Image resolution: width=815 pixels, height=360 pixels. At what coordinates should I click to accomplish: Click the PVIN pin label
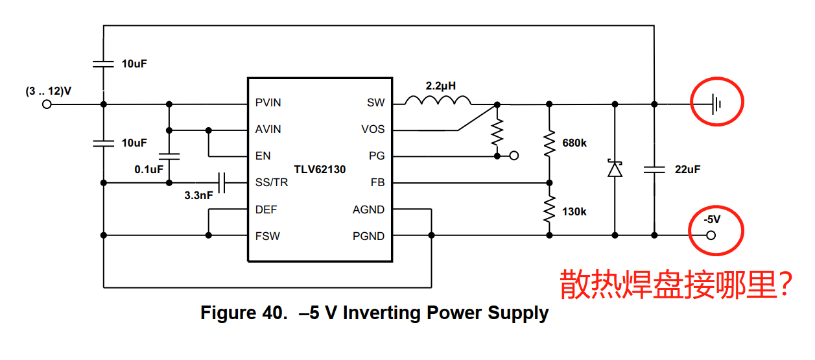point(268,102)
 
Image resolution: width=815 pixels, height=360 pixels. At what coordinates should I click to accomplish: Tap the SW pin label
point(375,102)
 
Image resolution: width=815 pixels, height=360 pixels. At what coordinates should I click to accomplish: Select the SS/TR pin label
point(271,183)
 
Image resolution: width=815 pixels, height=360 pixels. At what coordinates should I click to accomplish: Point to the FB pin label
point(377,183)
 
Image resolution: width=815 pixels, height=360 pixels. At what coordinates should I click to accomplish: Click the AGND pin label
point(368,210)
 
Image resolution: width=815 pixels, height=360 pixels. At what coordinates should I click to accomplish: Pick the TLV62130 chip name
point(320,169)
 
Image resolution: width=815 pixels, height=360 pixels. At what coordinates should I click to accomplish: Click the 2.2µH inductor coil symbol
point(438,101)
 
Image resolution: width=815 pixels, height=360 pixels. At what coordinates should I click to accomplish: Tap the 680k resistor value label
point(574,143)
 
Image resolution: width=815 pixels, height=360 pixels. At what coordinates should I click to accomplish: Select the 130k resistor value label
point(574,211)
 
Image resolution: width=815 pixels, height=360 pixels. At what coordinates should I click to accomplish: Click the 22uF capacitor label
point(687,169)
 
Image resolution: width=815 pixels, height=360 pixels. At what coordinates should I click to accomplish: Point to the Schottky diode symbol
point(615,169)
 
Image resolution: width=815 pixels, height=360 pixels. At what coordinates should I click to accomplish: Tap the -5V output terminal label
point(712,221)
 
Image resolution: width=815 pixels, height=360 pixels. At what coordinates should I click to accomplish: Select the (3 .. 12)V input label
point(49,91)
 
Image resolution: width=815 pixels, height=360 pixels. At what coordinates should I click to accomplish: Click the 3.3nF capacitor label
point(198,195)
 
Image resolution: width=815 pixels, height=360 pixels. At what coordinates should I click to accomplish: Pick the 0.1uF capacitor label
point(148,169)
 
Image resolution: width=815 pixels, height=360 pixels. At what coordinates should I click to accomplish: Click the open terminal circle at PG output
point(514,156)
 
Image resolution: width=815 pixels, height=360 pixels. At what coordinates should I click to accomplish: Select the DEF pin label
point(266,210)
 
